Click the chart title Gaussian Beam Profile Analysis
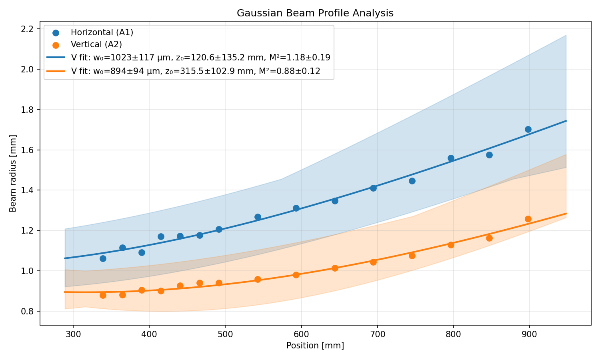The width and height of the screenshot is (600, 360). [x=315, y=13]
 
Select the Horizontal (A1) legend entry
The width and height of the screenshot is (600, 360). [x=102, y=32]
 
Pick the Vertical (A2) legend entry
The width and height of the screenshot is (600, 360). [x=96, y=44]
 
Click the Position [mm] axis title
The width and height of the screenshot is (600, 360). [x=315, y=345]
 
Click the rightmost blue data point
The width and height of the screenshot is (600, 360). [x=528, y=129]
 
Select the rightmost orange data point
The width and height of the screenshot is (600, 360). [x=528, y=219]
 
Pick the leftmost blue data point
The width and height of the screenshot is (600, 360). [x=103, y=258]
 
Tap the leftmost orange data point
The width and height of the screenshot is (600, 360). [x=103, y=295]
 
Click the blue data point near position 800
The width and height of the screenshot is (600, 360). [x=451, y=158]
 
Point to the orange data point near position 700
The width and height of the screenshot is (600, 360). [x=373, y=262]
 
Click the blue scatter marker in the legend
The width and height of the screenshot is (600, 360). [x=56, y=33]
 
